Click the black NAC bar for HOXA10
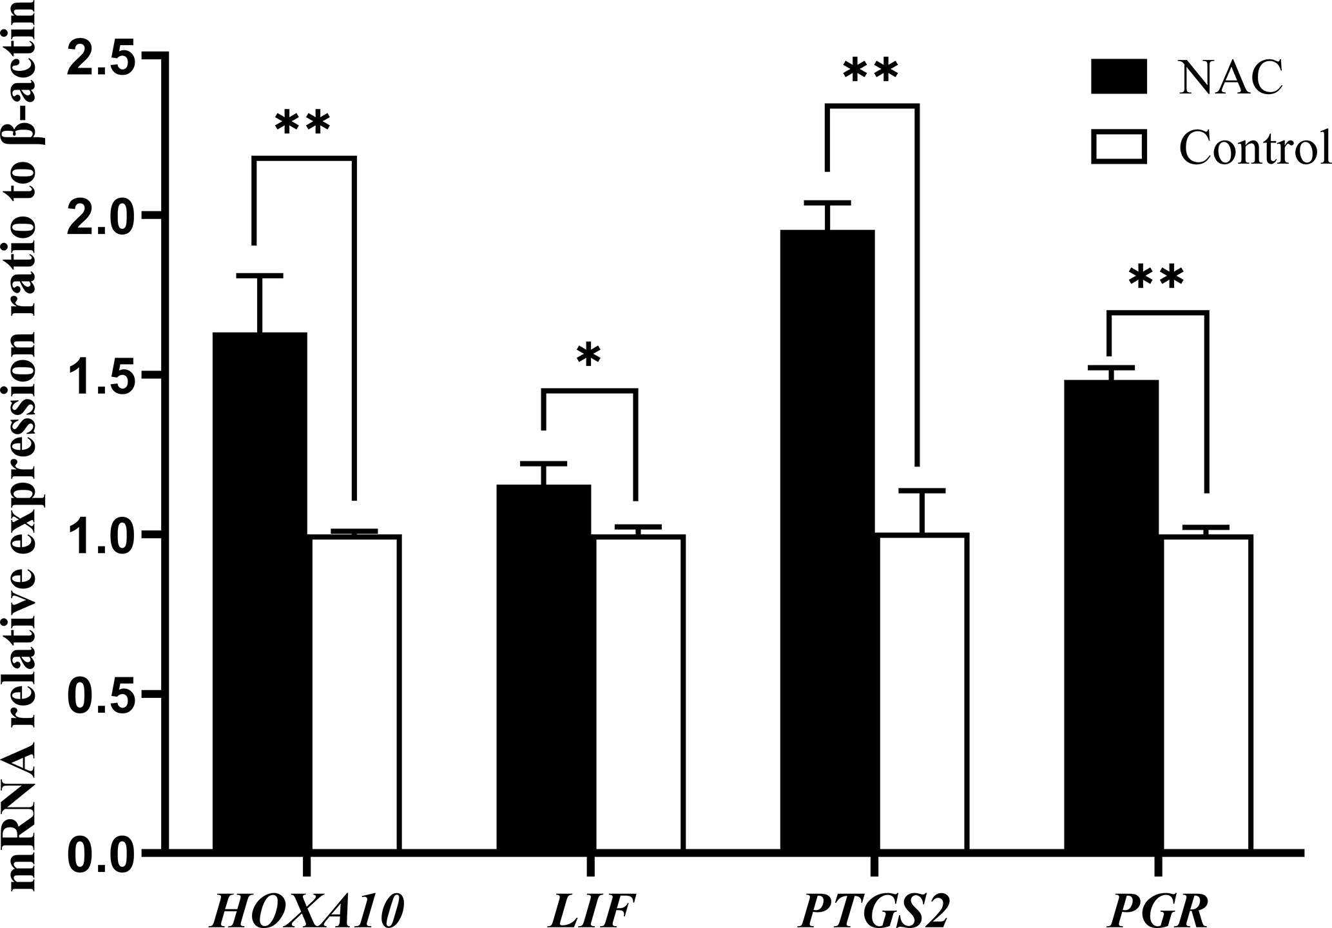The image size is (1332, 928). [x=260, y=593]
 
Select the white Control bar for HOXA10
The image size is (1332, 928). [x=356, y=693]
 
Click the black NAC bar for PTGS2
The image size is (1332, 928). [x=827, y=541]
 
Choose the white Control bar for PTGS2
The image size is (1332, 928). [x=923, y=693]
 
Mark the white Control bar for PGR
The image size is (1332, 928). [x=1207, y=693]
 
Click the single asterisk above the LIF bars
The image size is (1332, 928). [x=588, y=356]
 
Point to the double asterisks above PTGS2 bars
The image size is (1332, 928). [x=870, y=72]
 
